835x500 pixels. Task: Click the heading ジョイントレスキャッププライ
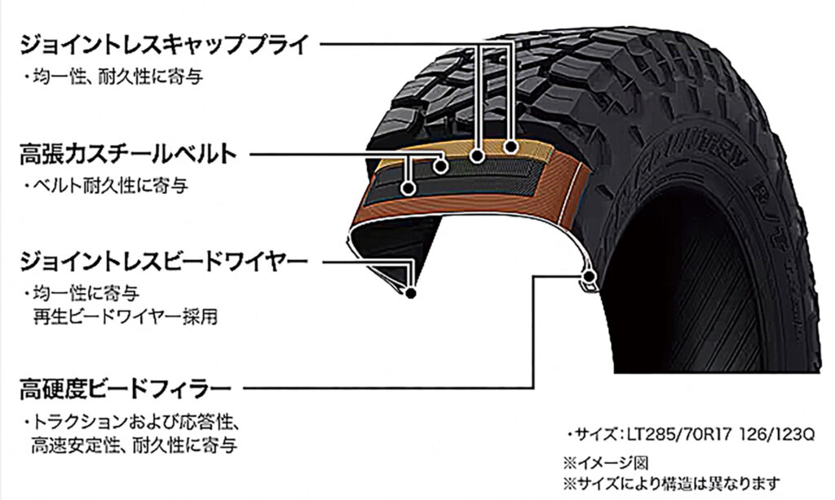pyautogui.click(x=165, y=43)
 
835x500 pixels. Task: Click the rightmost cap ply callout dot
pyautogui.click(x=511, y=147)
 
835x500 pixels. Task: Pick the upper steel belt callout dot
pyautogui.click(x=441, y=166)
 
